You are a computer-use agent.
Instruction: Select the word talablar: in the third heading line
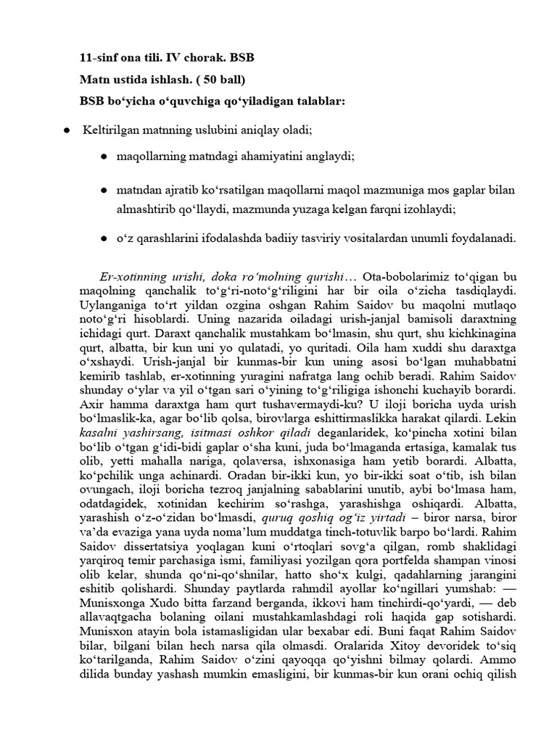pyautogui.click(x=315, y=101)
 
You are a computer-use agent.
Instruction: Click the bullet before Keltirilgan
pyautogui.click(x=67, y=130)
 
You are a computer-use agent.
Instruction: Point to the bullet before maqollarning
pyautogui.click(x=104, y=157)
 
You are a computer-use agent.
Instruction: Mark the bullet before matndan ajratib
pyautogui.click(x=104, y=191)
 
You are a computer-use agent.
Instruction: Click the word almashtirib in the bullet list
pyautogui.click(x=146, y=210)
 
